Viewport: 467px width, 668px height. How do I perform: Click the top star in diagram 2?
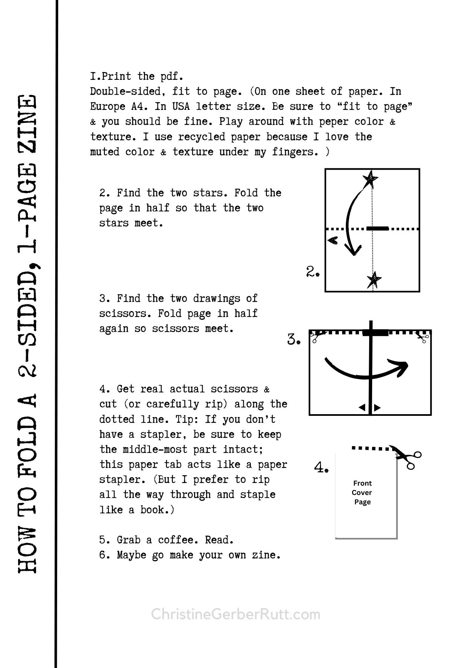(x=370, y=179)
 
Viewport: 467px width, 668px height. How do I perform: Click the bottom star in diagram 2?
(x=374, y=279)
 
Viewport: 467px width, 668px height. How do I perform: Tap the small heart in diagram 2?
(x=333, y=240)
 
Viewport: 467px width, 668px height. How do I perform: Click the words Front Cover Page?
(x=362, y=492)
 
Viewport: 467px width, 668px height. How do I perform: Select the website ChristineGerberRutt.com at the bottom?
(x=236, y=614)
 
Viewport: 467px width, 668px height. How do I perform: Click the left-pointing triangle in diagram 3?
(x=362, y=407)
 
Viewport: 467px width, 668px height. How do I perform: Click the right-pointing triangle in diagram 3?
(x=377, y=407)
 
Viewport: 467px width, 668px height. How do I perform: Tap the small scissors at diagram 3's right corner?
(x=423, y=337)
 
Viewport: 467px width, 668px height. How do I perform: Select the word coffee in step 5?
(x=176, y=540)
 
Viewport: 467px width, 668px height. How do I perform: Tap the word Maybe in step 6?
(x=131, y=555)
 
